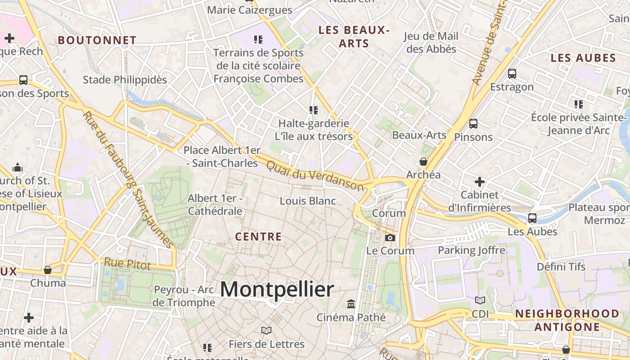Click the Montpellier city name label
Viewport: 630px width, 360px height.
[277, 289]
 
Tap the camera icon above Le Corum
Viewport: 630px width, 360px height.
[390, 238]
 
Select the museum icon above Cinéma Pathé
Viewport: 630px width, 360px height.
[351, 304]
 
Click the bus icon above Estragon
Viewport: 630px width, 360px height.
[512, 74]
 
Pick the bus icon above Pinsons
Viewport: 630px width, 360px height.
[473, 124]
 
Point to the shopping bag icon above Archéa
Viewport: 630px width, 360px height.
[423, 162]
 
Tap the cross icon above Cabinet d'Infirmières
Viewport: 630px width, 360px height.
[480, 182]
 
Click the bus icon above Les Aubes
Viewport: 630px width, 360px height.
[532, 218]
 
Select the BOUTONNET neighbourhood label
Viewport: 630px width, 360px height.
[97, 40]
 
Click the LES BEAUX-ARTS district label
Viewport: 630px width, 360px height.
[354, 37]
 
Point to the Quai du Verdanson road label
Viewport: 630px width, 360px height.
[315, 175]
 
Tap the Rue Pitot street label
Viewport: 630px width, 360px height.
[127, 264]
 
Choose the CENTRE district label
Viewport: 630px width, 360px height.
[259, 237]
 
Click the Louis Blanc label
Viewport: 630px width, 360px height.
[308, 201]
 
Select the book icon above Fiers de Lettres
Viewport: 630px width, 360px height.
[266, 331]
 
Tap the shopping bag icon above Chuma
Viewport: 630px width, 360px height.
[48, 270]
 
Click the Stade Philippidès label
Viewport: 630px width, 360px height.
[125, 80]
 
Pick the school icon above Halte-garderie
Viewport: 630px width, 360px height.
[314, 110]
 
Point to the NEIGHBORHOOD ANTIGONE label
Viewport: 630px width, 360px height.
[567, 320]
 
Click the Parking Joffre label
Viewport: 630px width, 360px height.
[472, 250]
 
